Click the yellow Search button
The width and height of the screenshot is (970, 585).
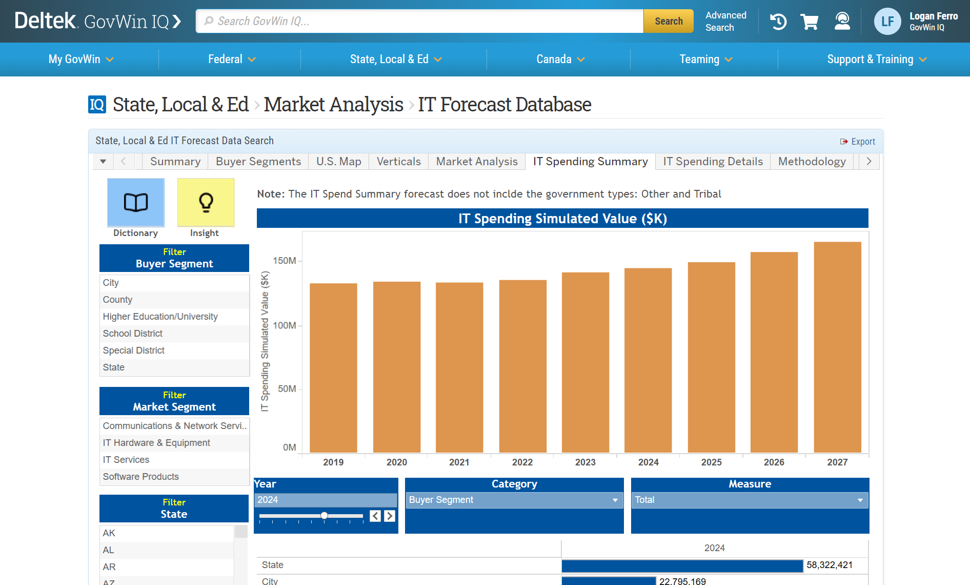click(x=668, y=21)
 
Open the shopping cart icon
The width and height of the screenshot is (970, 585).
click(x=809, y=22)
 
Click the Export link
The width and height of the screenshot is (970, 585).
click(x=858, y=142)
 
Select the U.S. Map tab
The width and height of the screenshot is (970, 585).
click(x=338, y=162)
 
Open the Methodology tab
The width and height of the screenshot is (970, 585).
click(x=812, y=162)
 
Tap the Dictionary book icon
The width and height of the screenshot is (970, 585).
click(x=136, y=202)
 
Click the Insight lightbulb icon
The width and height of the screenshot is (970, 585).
click(x=206, y=202)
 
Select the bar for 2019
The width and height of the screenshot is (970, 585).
click(x=333, y=367)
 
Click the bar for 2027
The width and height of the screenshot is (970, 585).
click(x=837, y=347)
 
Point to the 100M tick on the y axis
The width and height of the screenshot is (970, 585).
click(x=285, y=325)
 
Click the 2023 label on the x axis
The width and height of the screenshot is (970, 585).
click(x=585, y=462)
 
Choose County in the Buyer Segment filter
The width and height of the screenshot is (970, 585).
click(x=117, y=300)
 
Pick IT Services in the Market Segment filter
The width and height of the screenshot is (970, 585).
click(x=126, y=460)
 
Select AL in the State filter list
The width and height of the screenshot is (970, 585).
click(x=108, y=550)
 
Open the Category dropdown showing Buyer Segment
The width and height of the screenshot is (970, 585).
click(x=514, y=500)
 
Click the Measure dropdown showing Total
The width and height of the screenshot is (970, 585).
click(x=750, y=500)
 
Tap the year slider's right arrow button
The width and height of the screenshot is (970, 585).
click(x=390, y=516)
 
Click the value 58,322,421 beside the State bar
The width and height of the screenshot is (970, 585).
click(x=830, y=565)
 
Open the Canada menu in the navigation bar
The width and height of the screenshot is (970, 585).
click(x=560, y=60)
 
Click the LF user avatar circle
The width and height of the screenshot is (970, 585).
click(x=887, y=22)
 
